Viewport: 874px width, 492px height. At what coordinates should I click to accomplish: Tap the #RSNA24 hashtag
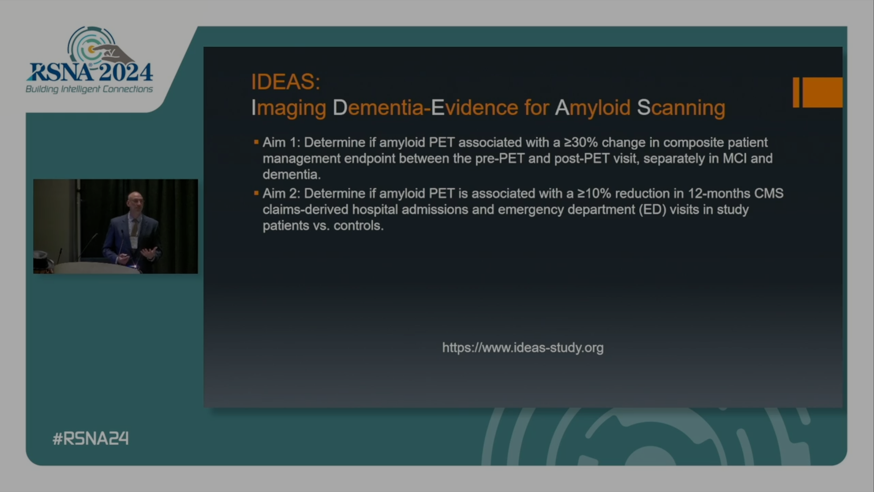91,438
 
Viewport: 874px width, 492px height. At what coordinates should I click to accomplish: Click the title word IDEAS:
285,82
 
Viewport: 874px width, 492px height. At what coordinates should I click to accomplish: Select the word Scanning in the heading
681,108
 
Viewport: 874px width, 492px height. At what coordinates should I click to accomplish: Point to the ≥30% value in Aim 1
580,143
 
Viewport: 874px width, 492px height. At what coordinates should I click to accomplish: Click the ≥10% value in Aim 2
594,194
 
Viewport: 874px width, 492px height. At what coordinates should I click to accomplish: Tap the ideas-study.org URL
523,348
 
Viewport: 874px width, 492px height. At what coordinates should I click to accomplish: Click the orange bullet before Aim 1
256,143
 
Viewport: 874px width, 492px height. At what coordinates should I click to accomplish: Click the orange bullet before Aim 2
256,194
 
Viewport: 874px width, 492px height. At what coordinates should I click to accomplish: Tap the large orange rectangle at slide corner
822,92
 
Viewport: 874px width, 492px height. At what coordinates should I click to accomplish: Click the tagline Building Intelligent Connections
89,89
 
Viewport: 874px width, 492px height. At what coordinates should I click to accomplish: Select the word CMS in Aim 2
768,194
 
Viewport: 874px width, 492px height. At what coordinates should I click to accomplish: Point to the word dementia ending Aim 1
291,174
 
